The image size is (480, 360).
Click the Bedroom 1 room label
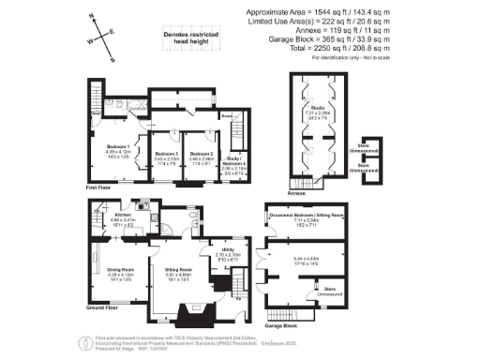[117, 148]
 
